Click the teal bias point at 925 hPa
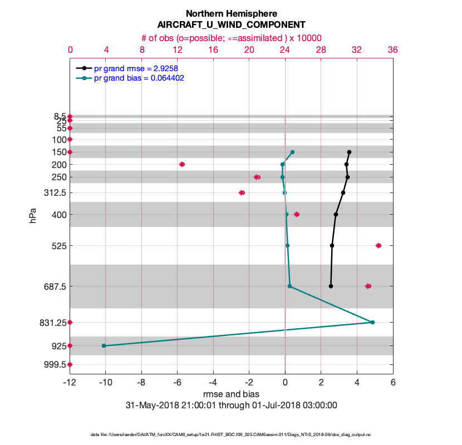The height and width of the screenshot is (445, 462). tap(104, 345)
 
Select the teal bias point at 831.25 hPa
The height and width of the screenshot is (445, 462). tap(372, 322)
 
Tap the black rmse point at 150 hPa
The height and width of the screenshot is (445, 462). tap(349, 152)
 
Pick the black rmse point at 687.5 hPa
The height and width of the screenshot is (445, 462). tap(331, 286)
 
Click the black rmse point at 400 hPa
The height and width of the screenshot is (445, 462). tap(336, 214)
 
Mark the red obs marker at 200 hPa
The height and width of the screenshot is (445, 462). tap(182, 164)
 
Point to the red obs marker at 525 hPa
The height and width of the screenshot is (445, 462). tap(379, 245)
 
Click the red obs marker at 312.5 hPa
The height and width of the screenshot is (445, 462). tap(242, 192)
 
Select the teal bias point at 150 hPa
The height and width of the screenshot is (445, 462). tap(292, 152)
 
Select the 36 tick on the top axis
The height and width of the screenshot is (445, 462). tap(392, 50)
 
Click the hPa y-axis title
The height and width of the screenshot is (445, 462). tap(33, 216)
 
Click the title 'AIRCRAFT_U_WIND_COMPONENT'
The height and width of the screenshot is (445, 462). tap(231, 25)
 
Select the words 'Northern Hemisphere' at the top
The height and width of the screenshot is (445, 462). tap(231, 13)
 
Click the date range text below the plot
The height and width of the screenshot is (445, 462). tap(232, 405)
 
